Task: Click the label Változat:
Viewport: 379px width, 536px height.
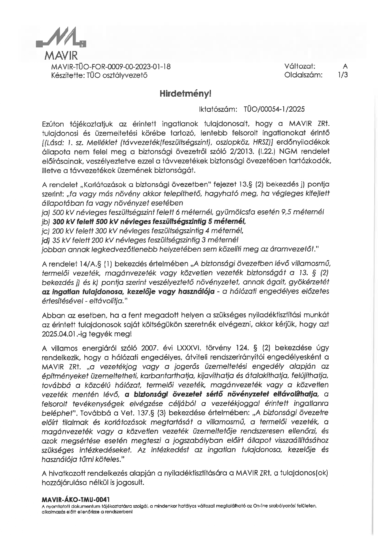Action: [300, 66]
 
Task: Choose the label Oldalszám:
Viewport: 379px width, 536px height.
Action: [303, 75]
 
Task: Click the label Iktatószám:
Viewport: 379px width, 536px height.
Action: [218, 109]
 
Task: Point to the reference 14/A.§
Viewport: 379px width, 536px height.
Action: [90, 264]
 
